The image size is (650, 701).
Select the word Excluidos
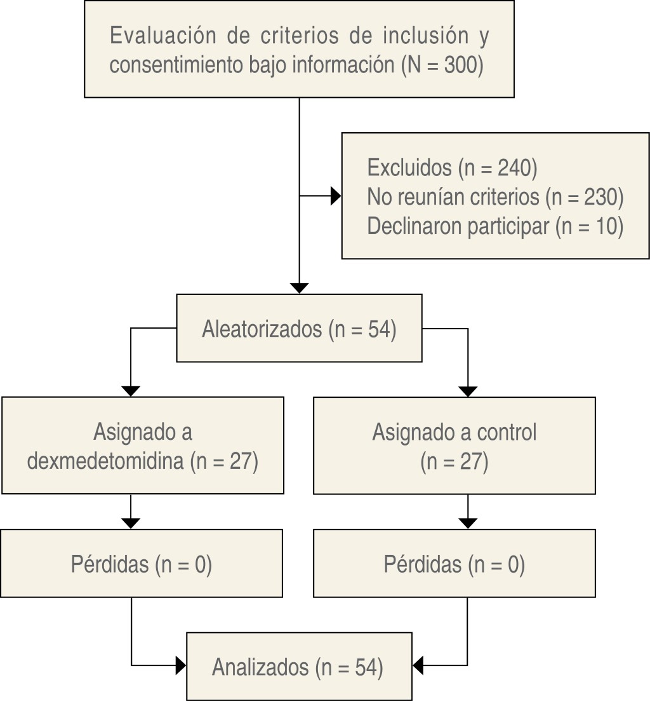pyautogui.click(x=408, y=168)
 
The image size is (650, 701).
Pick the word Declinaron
pyautogui.click(x=415, y=226)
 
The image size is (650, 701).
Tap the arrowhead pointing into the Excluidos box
pyautogui.click(x=336, y=196)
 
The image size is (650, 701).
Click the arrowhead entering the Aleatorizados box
pyautogui.click(x=298, y=288)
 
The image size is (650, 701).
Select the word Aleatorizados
pyautogui.click(x=262, y=330)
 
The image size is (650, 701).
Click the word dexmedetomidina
pyautogui.click(x=105, y=462)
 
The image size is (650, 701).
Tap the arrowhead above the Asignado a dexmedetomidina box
pyautogui.click(x=130, y=391)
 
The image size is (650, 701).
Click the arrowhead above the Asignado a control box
pyautogui.click(x=467, y=391)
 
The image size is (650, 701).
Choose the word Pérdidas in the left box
pyautogui.click(x=109, y=564)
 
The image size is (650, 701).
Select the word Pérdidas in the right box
pyautogui.click(x=423, y=564)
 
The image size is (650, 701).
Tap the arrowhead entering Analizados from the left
pyautogui.click(x=181, y=666)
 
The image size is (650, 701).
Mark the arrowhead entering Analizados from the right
pyautogui.click(x=418, y=666)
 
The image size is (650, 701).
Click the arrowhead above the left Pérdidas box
pyautogui.click(x=130, y=523)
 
